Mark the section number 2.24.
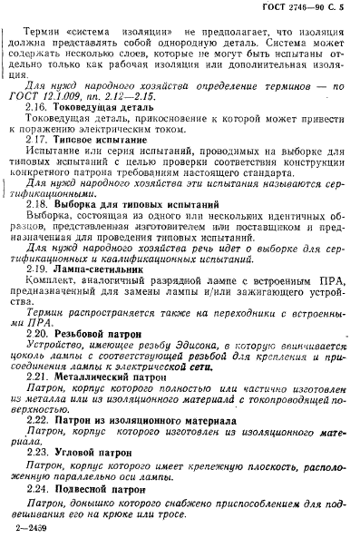click(x=39, y=513)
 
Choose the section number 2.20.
click(x=39, y=360)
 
